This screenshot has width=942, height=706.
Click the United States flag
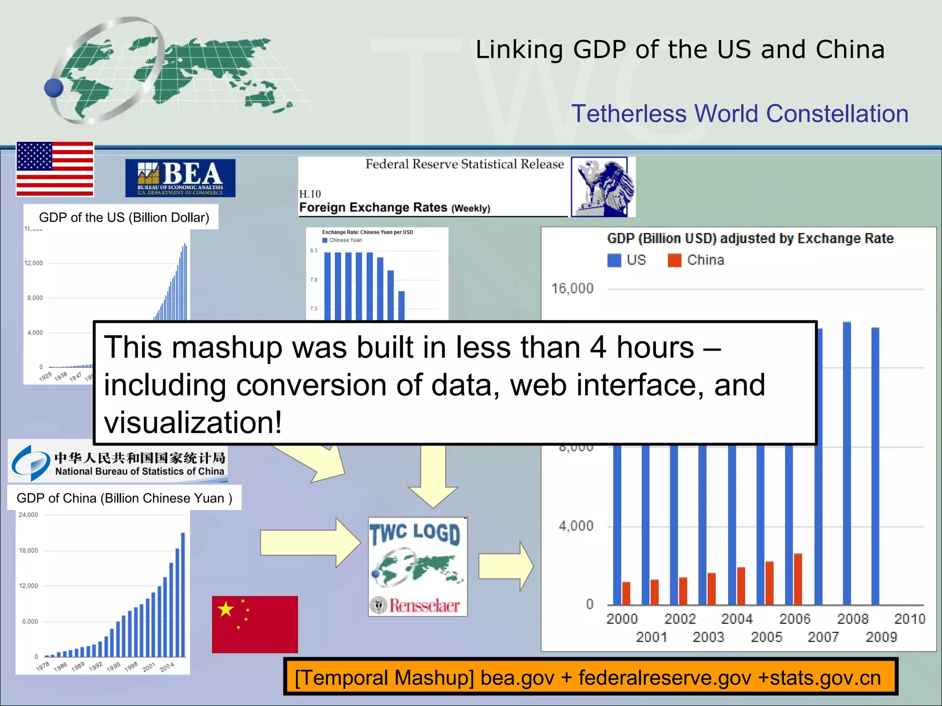click(x=55, y=169)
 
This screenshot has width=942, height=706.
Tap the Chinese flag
click(x=255, y=624)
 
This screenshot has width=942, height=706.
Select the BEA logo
click(x=180, y=178)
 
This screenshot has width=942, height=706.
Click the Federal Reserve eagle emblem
click(x=603, y=187)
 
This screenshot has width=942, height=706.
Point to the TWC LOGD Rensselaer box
click(x=418, y=567)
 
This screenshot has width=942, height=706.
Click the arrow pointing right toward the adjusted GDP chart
click(x=506, y=566)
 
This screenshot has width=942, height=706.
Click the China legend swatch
click(x=674, y=260)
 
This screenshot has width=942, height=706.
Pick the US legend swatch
click(x=614, y=260)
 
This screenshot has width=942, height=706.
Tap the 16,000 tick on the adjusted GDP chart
click(x=572, y=289)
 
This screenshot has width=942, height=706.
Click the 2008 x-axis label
click(x=852, y=619)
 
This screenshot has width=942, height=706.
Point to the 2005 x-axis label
click(x=766, y=637)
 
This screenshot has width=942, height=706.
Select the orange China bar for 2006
click(x=798, y=579)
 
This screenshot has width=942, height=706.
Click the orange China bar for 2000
click(x=626, y=593)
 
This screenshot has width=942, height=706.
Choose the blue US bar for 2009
click(x=875, y=466)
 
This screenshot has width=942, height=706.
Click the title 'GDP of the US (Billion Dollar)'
click(x=124, y=217)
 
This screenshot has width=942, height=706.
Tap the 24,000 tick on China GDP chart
click(x=29, y=515)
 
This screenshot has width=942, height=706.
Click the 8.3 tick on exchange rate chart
click(x=314, y=251)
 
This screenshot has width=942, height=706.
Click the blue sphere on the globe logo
click(x=54, y=88)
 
